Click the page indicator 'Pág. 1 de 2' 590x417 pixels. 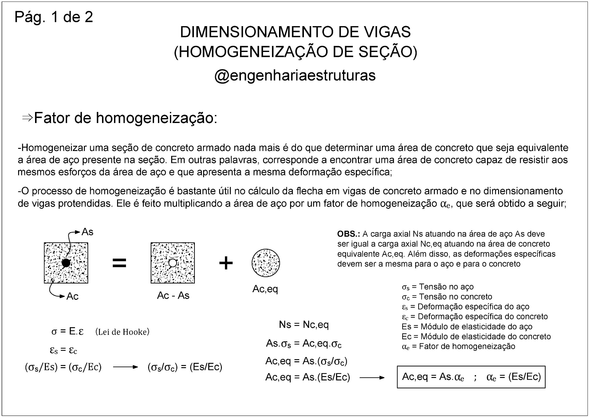tap(54, 17)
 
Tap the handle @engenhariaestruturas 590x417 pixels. tap(295, 75)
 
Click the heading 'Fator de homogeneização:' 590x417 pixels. tap(125, 118)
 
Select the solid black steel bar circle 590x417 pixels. tap(66, 263)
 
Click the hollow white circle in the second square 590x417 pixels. tap(173, 263)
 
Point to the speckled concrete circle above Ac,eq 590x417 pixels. tap(266, 263)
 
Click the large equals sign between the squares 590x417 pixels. tap(119, 263)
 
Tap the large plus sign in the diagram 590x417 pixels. tap(226, 263)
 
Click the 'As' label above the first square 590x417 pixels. tap(87, 232)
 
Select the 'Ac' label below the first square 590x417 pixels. tap(73, 296)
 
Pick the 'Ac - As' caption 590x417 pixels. tap(173, 296)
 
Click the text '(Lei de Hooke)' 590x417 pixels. tap(122, 332)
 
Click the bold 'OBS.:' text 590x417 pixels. tap(348, 234)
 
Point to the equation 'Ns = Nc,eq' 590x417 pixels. tap(304, 324)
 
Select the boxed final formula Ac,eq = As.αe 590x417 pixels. tap(471, 377)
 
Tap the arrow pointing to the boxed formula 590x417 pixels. tap(372, 378)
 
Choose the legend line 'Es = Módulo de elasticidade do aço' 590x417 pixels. tap(467, 327)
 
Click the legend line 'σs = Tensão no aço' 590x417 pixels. tap(438, 287)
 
